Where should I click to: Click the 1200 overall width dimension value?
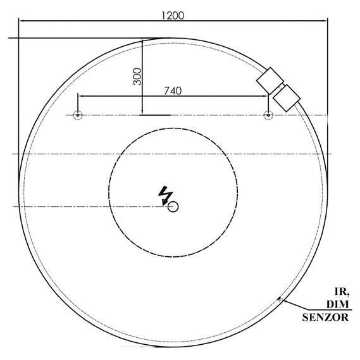(x=173, y=15)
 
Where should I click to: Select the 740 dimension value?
(x=173, y=90)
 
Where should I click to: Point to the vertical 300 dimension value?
(x=137, y=77)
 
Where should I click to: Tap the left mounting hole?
(x=77, y=115)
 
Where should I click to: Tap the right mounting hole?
(x=268, y=115)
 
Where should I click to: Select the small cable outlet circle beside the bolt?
(x=173, y=206)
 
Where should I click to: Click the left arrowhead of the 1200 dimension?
(x=21, y=21)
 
